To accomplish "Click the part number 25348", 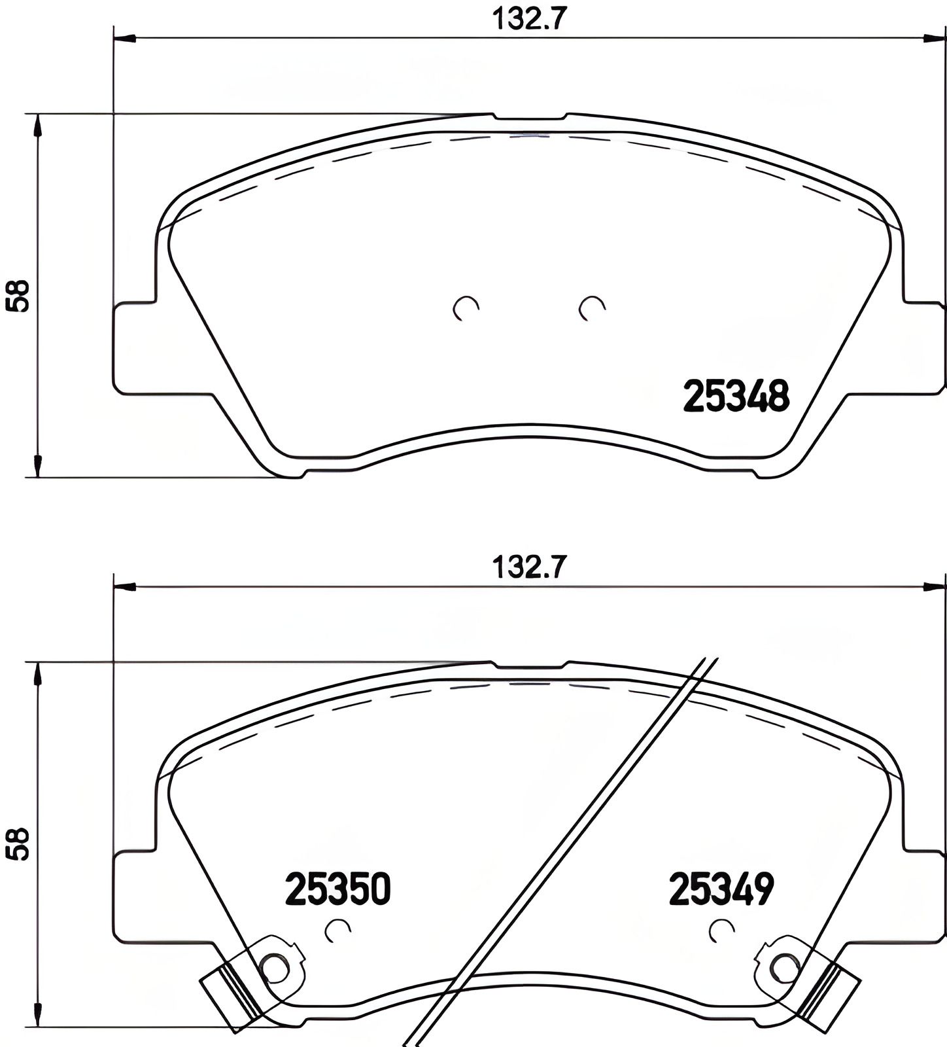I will (736, 397).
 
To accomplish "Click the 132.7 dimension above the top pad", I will (528, 20).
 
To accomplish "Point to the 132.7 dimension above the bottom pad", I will (528, 567).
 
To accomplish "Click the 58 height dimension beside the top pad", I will (18, 296).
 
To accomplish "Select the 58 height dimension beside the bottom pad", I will (18, 844).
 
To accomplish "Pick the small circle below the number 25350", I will (338, 930).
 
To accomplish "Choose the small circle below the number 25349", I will (721, 930).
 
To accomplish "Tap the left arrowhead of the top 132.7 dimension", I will (124, 38).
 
